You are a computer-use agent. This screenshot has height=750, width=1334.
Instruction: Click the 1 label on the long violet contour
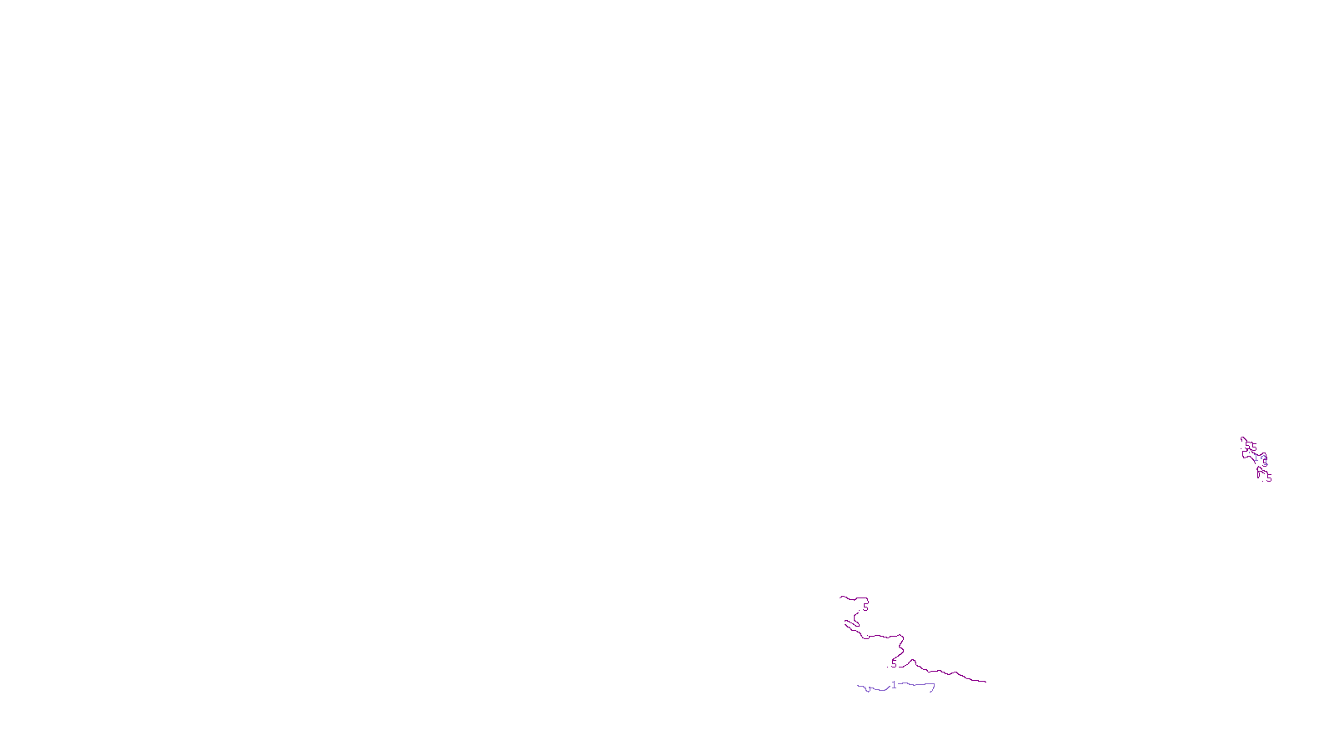(x=894, y=685)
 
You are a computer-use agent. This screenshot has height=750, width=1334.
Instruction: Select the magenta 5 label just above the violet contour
(x=894, y=664)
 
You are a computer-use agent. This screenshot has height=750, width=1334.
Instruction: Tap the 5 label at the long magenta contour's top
(x=865, y=607)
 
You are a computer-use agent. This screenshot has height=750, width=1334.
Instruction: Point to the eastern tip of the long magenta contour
(x=986, y=682)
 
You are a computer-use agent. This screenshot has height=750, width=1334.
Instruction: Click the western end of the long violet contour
(x=858, y=687)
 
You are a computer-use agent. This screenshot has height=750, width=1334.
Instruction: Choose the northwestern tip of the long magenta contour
(x=840, y=597)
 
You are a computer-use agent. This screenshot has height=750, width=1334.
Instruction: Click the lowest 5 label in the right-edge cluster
(x=1269, y=478)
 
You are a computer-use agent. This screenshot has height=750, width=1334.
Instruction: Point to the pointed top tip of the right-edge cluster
(x=1241, y=437)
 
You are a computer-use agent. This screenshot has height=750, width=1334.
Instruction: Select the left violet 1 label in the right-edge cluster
(x=1256, y=457)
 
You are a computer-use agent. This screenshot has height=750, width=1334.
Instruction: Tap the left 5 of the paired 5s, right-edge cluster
(x=1247, y=446)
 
